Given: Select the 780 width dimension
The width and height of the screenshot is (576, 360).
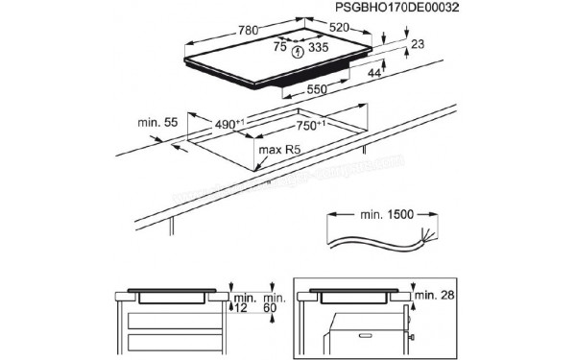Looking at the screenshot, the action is [x=247, y=31].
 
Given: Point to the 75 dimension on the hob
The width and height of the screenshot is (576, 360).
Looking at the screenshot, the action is [x=280, y=45].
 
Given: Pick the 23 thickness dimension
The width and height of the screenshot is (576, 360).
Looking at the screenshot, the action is [x=417, y=44].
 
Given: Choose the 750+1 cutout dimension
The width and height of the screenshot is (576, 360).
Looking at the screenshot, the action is [x=310, y=125].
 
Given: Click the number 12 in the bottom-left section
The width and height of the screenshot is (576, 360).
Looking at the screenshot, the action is [x=240, y=307].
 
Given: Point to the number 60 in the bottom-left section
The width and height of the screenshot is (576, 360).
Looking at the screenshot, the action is [x=274, y=307].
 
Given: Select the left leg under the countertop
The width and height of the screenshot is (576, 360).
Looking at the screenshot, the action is [x=172, y=226].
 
